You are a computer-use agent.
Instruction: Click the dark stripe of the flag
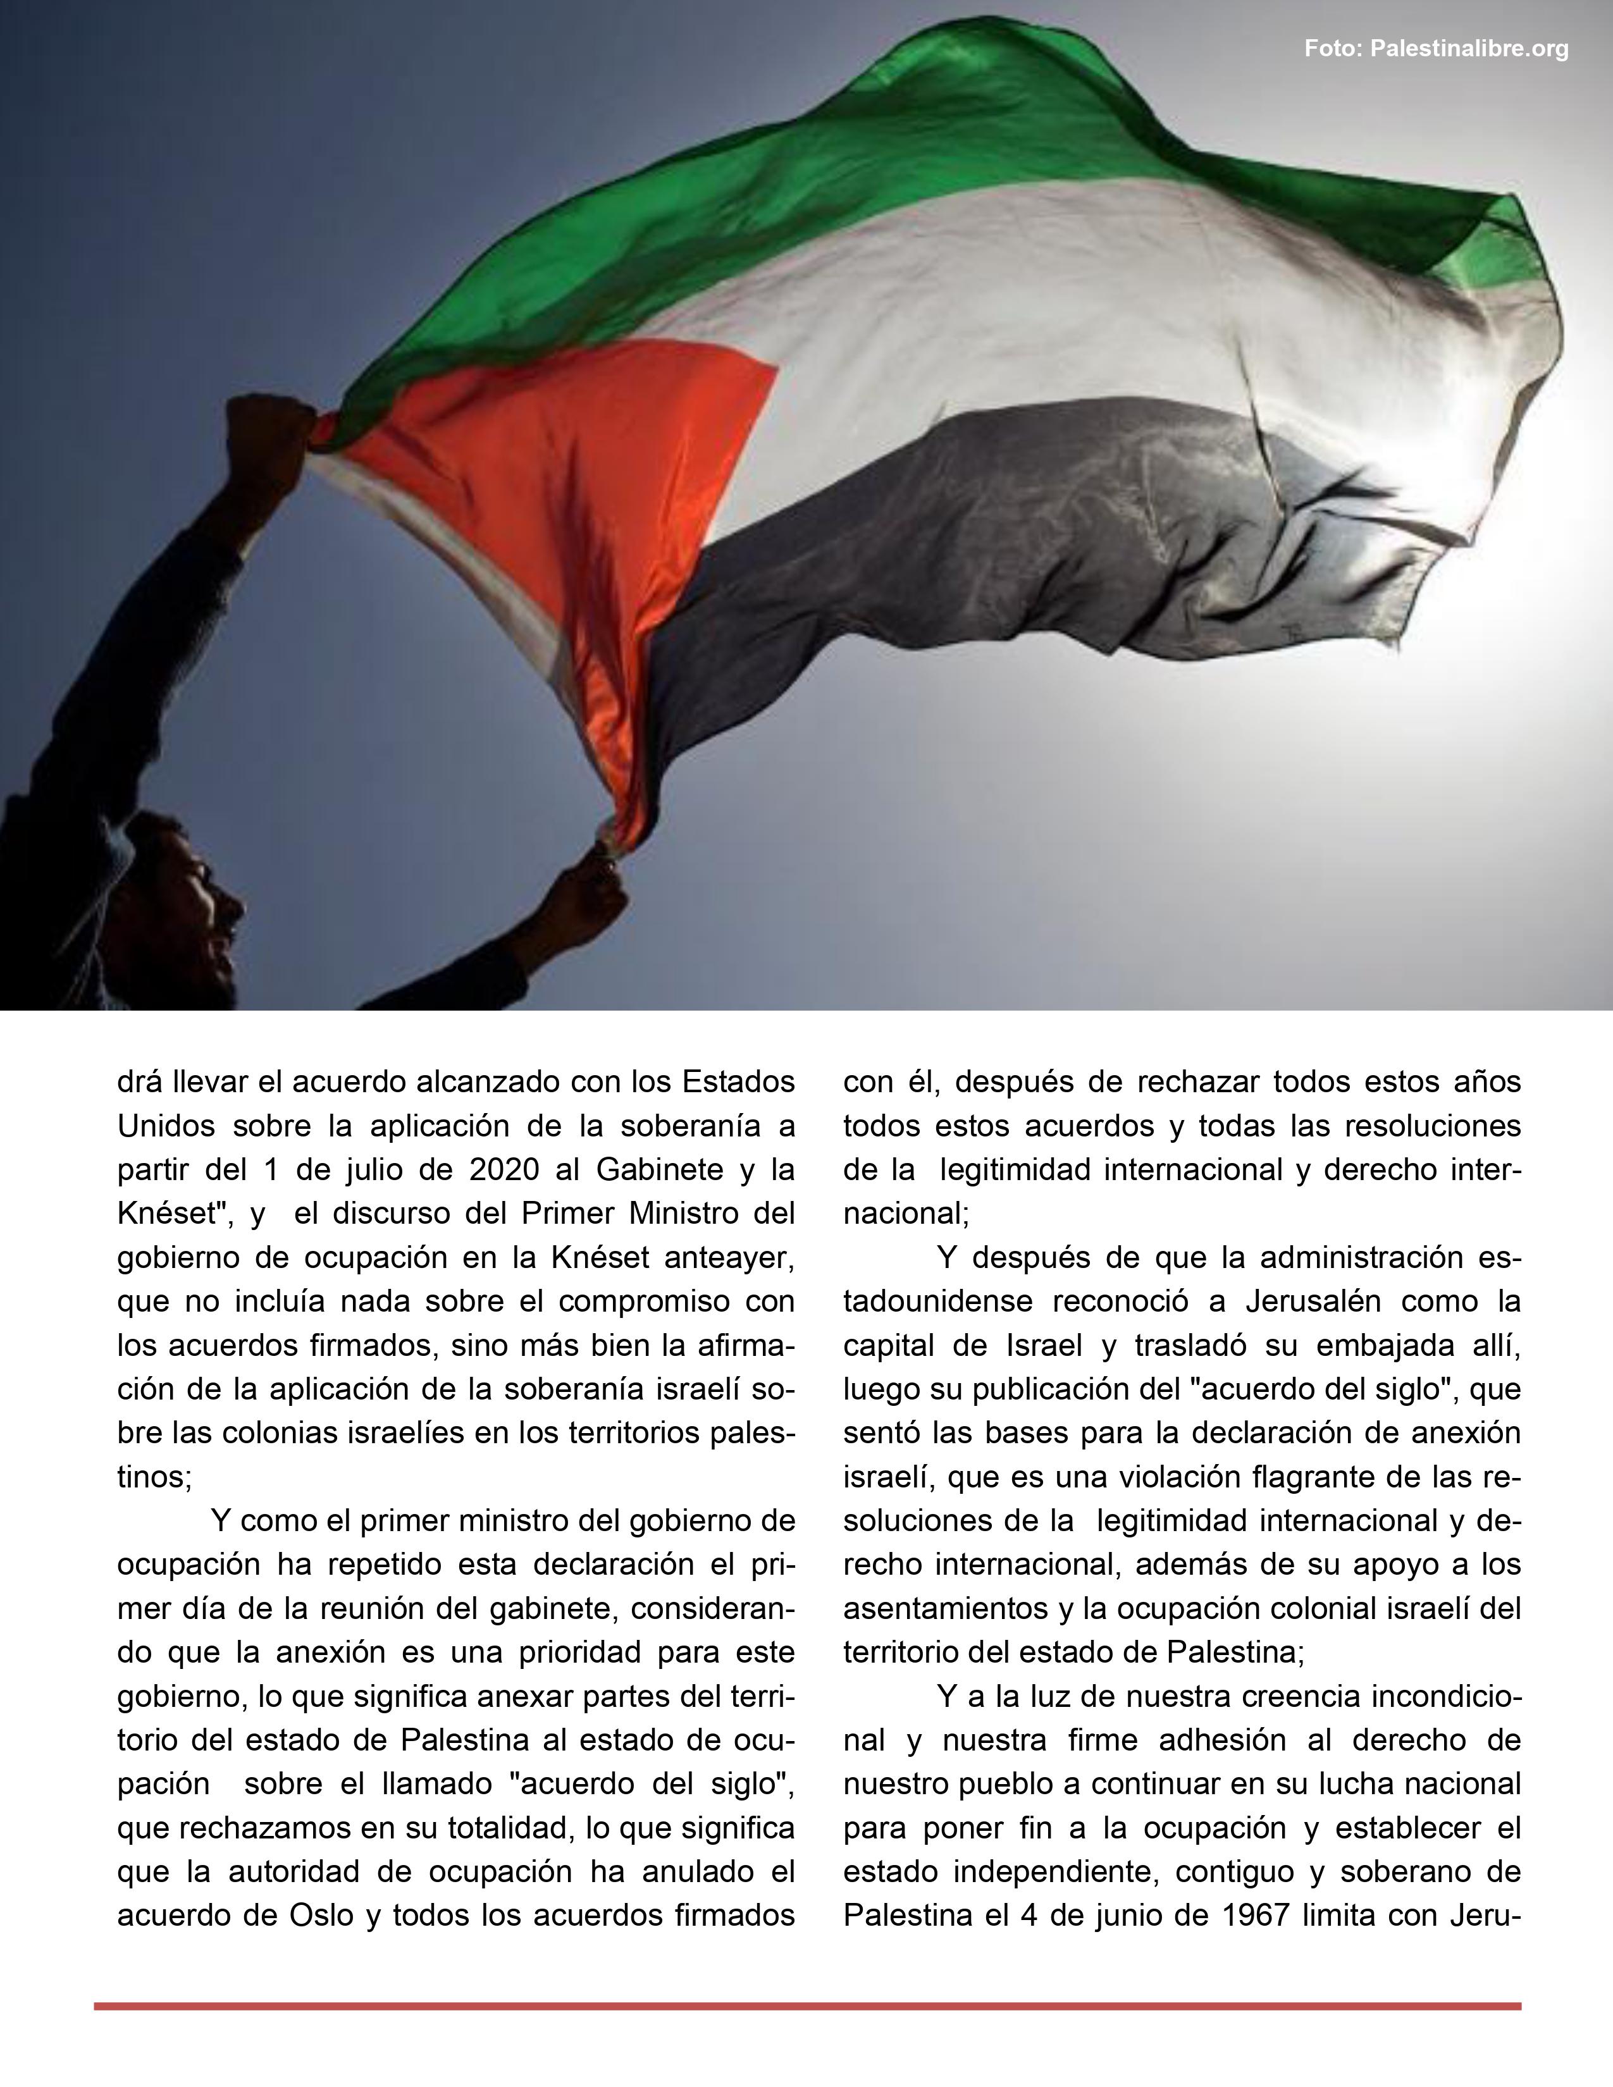[x=1003, y=535]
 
